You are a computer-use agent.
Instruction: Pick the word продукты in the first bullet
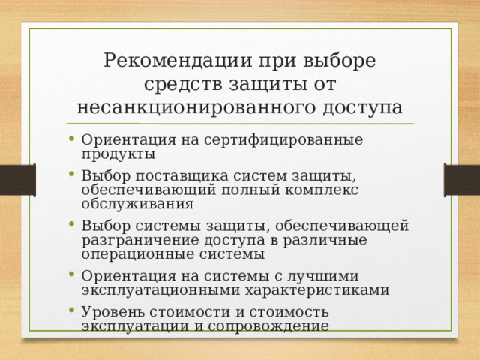(x=118, y=154)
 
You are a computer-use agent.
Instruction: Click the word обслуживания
(x=138, y=203)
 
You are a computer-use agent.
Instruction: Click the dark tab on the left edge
(x=16, y=180)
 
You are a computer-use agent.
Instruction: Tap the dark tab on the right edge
(x=462, y=180)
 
